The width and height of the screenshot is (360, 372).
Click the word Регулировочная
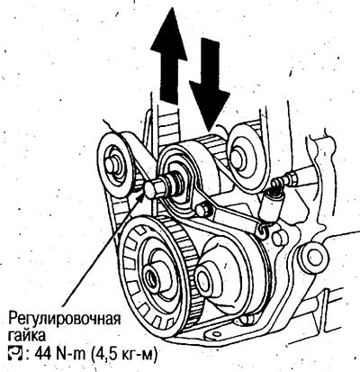click(65, 319)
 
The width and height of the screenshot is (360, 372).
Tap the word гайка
click(27, 335)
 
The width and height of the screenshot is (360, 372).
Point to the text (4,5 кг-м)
click(122, 355)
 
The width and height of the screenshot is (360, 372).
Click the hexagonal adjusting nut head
click(155, 188)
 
